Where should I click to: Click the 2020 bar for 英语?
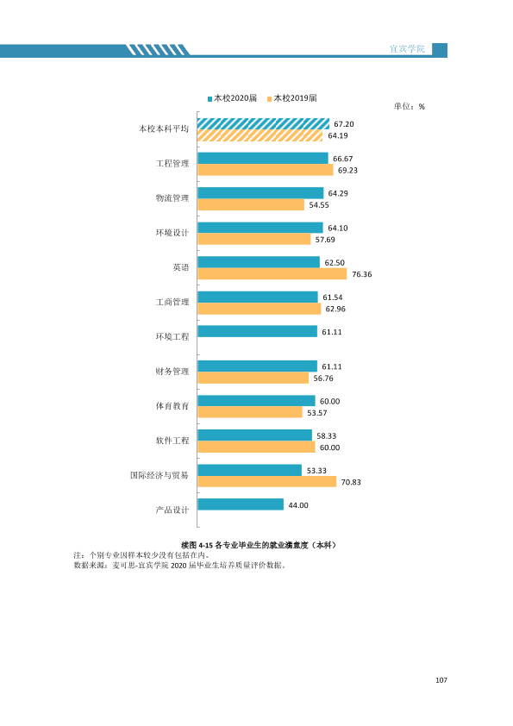pyautogui.click(x=259, y=262)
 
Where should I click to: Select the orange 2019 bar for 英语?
pyautogui.click(x=272, y=273)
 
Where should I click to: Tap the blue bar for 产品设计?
pyautogui.click(x=241, y=504)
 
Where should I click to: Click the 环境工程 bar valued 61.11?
pyautogui.click(x=258, y=331)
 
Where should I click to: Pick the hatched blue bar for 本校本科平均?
pyautogui.click(x=264, y=123)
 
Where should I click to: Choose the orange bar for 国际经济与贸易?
pyautogui.click(x=267, y=481)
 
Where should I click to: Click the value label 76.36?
pyautogui.click(x=361, y=274)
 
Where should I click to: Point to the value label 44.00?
pyautogui.click(x=298, y=505)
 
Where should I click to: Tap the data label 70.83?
pyautogui.click(x=351, y=482)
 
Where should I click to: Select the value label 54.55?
pyautogui.click(x=319, y=204)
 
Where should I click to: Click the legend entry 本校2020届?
pyautogui.click(x=232, y=98)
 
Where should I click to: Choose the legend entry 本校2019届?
pyautogui.click(x=292, y=98)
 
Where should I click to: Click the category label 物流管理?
pyautogui.click(x=172, y=198)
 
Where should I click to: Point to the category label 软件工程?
pyautogui.click(x=172, y=441)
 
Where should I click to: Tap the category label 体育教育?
pyautogui.click(x=172, y=406)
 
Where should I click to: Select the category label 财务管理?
pyautogui.click(x=172, y=372)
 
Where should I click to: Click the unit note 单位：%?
pyautogui.click(x=410, y=107)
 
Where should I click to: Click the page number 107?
pyautogui.click(x=441, y=679)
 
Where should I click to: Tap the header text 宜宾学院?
pyautogui.click(x=407, y=48)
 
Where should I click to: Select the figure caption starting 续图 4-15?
pyautogui.click(x=258, y=545)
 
